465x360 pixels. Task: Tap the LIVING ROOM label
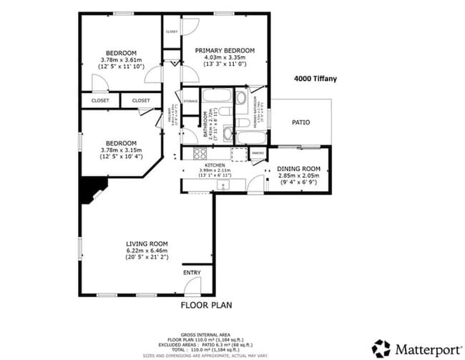pyautogui.click(x=147, y=243)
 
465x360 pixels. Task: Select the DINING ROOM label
pyautogui.click(x=303, y=169)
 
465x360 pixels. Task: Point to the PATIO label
pyautogui.click(x=300, y=122)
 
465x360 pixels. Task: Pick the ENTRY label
pyautogui.click(x=192, y=273)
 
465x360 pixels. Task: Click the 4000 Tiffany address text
pyautogui.click(x=315, y=79)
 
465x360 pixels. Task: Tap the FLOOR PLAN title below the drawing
pyautogui.click(x=205, y=304)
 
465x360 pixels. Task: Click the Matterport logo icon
pyautogui.click(x=381, y=349)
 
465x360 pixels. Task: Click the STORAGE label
pyautogui.click(x=190, y=102)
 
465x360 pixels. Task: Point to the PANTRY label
pyautogui.click(x=258, y=152)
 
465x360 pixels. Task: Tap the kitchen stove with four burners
pyautogui.click(x=196, y=152)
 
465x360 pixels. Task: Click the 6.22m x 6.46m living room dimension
pyautogui.click(x=147, y=251)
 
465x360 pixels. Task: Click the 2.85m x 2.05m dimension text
pyautogui.click(x=303, y=176)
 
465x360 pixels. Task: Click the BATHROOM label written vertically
pyautogui.click(x=205, y=123)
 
